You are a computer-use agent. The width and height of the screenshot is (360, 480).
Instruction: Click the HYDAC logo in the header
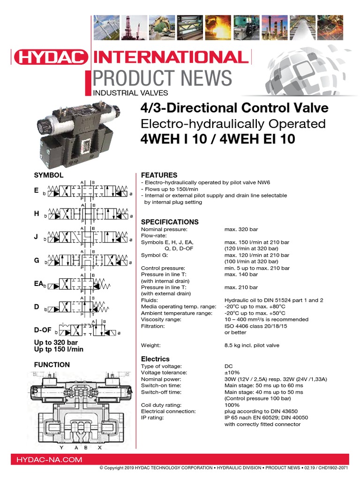click(x=51, y=58)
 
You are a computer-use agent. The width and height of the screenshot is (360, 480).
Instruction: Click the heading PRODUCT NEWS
click(x=162, y=78)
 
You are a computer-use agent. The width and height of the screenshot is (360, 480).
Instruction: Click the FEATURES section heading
click(x=159, y=175)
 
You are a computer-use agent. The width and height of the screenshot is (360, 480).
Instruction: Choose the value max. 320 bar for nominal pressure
click(x=241, y=229)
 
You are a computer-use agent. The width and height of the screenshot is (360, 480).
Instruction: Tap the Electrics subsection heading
click(x=155, y=359)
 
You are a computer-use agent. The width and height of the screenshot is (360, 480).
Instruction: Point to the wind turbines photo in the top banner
click(x=107, y=27)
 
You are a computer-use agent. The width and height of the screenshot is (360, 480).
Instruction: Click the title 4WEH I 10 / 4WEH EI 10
click(x=217, y=140)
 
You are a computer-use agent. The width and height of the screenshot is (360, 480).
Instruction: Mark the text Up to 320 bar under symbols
click(x=56, y=343)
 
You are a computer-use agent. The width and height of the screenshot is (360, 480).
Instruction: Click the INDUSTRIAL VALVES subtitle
click(x=131, y=93)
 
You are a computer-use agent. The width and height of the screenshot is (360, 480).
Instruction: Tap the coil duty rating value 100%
click(x=232, y=405)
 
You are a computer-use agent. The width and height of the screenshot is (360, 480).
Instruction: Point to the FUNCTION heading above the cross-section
click(x=52, y=365)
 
